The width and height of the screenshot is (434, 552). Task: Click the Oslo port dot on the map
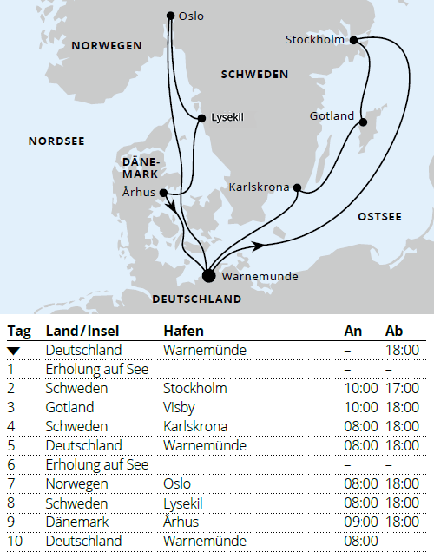click(170, 16)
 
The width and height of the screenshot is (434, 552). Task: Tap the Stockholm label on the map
click(314, 40)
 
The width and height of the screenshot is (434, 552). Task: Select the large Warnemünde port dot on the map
click(207, 276)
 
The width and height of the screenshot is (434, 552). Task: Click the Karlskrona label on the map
click(259, 187)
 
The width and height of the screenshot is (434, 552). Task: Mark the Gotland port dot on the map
click(361, 123)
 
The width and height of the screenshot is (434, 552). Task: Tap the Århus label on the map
click(141, 194)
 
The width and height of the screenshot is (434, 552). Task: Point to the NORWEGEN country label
click(106, 45)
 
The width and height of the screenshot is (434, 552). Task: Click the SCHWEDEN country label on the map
click(254, 75)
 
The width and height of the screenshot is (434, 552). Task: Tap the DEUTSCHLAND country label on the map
click(196, 299)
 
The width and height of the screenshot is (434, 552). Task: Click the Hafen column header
click(183, 331)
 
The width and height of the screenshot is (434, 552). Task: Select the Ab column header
click(394, 331)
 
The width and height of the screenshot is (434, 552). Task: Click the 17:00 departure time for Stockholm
click(403, 388)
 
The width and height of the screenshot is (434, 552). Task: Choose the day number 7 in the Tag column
click(11, 483)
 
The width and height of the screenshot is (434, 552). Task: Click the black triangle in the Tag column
click(13, 350)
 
